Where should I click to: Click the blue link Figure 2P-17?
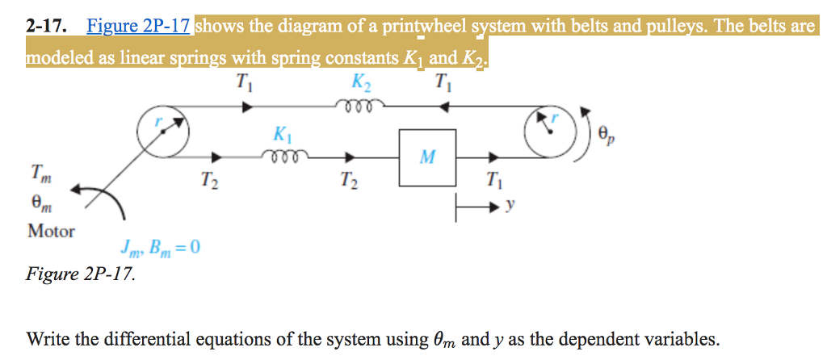[138, 26]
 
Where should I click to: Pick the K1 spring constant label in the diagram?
[283, 133]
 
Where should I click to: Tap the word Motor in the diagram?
[51, 231]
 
